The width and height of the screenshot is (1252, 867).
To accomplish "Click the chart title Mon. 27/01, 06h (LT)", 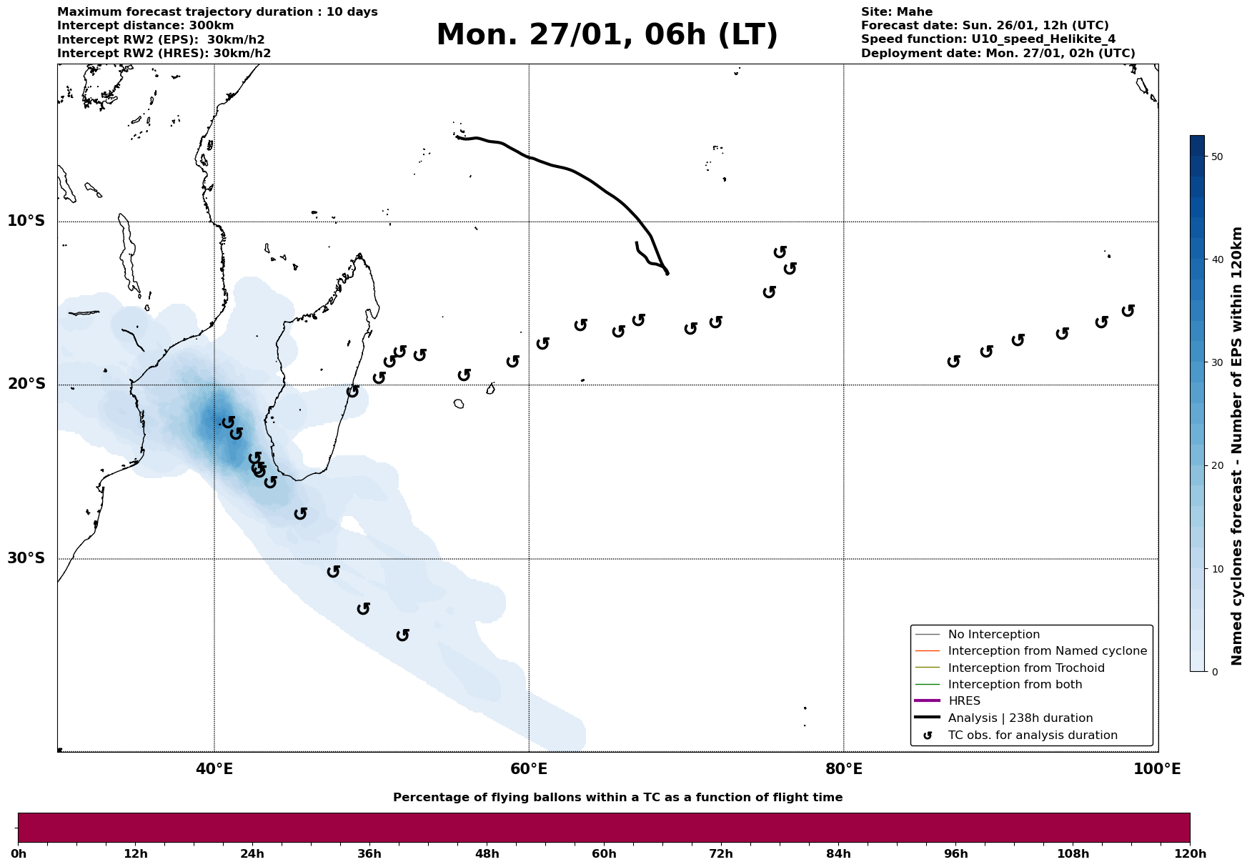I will (x=607, y=35).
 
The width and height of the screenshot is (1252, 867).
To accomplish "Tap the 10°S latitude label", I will (x=26, y=221).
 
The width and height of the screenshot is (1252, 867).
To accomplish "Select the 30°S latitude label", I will (x=26, y=558).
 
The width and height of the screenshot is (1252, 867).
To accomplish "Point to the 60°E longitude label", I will (x=529, y=769).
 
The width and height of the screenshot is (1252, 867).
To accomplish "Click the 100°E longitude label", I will (x=1157, y=769).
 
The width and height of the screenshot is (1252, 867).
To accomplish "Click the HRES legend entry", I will (x=964, y=701).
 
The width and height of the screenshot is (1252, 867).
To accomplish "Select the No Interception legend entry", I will (x=993, y=635).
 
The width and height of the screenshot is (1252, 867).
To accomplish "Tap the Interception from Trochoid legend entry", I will (x=1025, y=668).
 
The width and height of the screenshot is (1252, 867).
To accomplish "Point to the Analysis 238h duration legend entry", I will (x=1020, y=718).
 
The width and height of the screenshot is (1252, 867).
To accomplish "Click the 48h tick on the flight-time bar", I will (x=487, y=854).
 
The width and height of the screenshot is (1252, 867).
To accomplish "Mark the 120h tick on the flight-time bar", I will (x=1190, y=854).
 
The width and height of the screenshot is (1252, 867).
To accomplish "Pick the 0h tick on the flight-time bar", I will (x=19, y=854).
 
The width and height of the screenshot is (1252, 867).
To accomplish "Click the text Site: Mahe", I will (x=896, y=12).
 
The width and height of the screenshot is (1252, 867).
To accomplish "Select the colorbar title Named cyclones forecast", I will (x=1237, y=446).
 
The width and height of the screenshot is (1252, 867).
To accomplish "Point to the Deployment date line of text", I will (x=998, y=54).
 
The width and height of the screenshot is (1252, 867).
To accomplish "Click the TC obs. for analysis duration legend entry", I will (x=1032, y=735).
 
